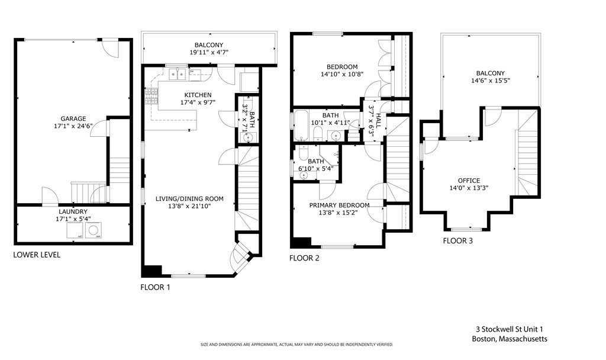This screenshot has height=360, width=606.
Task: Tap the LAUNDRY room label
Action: [x=73, y=211]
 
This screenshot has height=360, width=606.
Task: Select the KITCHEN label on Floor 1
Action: [x=198, y=95]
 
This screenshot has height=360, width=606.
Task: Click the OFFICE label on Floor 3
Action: [x=469, y=181]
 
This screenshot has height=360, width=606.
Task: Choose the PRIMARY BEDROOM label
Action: [x=339, y=205]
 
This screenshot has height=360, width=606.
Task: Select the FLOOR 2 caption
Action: [x=304, y=258]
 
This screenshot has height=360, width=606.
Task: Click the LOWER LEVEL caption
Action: [x=37, y=255]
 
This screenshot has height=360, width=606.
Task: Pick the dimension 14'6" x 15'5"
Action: [x=490, y=81]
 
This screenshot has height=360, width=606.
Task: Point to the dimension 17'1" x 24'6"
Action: [x=73, y=126]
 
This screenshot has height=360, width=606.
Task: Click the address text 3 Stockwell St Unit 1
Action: [x=509, y=329]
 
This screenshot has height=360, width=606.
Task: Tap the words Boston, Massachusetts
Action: [x=509, y=339]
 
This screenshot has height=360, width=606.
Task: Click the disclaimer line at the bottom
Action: [x=296, y=345]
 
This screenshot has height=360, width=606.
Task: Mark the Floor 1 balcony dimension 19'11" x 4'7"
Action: [x=209, y=53]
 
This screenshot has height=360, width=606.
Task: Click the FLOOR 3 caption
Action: [x=458, y=240]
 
